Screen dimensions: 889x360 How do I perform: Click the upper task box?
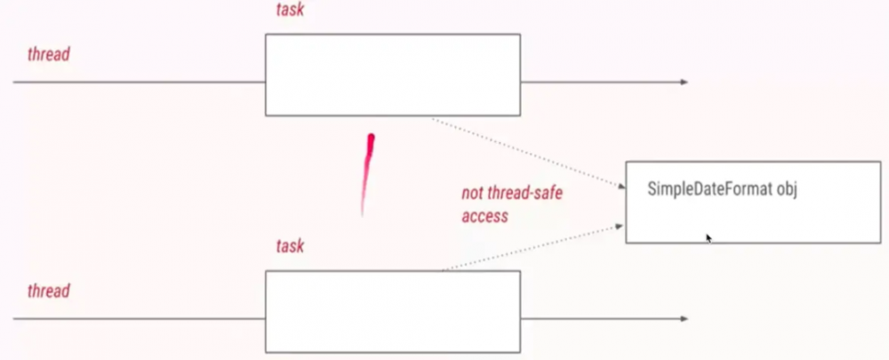tap(392, 75)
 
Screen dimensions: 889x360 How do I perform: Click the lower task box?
tap(392, 311)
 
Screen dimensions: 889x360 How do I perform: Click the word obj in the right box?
tap(788, 188)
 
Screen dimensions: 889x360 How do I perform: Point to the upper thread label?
tap(48, 54)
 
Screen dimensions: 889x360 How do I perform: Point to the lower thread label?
tap(48, 291)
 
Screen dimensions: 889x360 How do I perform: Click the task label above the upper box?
tap(290, 9)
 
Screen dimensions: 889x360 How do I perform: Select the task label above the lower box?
tap(290, 246)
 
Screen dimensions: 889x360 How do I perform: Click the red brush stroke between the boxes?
tap(367, 173)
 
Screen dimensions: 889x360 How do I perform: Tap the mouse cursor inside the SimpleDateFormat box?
tap(709, 237)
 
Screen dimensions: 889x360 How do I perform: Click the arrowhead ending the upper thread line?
tap(684, 82)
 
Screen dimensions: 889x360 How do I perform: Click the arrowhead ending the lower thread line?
tap(684, 318)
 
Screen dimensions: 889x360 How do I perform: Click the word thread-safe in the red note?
tap(528, 193)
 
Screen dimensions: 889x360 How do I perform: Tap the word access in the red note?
tap(484, 215)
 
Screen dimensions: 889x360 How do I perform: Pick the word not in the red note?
tap(472, 193)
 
